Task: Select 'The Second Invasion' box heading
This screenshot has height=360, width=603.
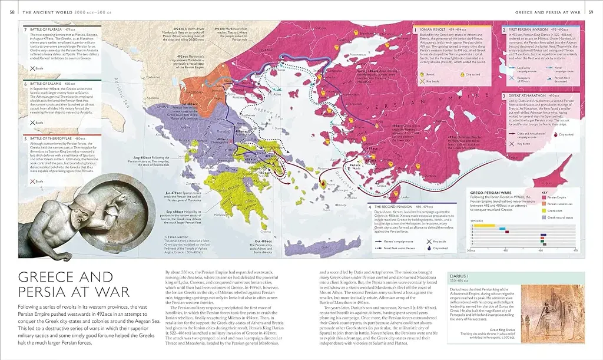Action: click(x=392, y=207)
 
